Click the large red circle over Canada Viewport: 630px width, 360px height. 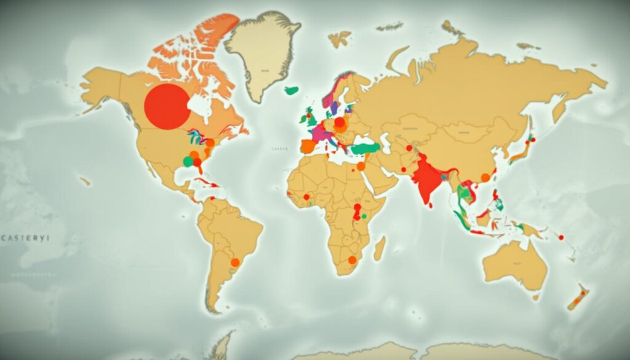pyautogui.click(x=167, y=106)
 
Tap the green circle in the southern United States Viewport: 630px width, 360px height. pyautogui.click(x=188, y=161)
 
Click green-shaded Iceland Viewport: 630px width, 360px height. pyautogui.click(x=292, y=90)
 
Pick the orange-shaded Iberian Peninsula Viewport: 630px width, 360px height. pyautogui.click(x=308, y=146)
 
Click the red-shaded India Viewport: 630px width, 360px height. pyautogui.click(x=428, y=178)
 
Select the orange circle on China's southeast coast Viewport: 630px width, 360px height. pyautogui.click(x=485, y=178)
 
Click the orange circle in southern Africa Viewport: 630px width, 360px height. pyautogui.click(x=352, y=260)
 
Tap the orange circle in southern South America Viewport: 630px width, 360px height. pyautogui.click(x=234, y=262)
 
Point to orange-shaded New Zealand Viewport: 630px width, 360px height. pyautogui.click(x=578, y=298)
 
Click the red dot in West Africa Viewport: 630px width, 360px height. pyautogui.click(x=306, y=197)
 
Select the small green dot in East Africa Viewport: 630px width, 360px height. pyautogui.click(x=364, y=216)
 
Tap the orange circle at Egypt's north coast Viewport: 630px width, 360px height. pyautogui.click(x=361, y=166)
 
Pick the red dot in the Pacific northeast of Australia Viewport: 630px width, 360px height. pyautogui.click(x=561, y=237)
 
